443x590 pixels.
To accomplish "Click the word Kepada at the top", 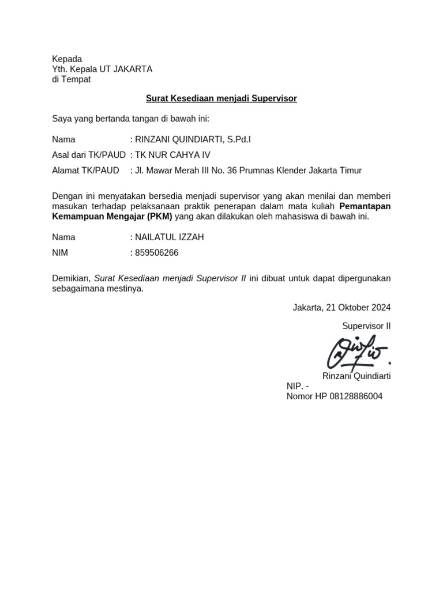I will click(67, 59).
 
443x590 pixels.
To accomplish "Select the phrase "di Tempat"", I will click(71, 80).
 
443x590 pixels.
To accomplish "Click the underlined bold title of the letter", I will click(221, 99).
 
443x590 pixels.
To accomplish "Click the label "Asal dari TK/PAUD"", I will click(88, 155).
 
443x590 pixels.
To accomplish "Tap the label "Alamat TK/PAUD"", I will click(85, 171).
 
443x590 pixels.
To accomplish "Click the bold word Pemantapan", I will click(365, 206).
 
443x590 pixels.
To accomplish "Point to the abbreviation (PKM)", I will click(159, 217).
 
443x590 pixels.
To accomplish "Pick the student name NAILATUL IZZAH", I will click(169, 237).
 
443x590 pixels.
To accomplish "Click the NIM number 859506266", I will click(157, 252).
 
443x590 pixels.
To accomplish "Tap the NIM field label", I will click(61, 252).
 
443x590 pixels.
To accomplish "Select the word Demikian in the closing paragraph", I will click(71, 278).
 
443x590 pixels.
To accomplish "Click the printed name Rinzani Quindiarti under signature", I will click(356, 376).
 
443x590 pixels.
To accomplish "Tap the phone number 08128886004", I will click(356, 396).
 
